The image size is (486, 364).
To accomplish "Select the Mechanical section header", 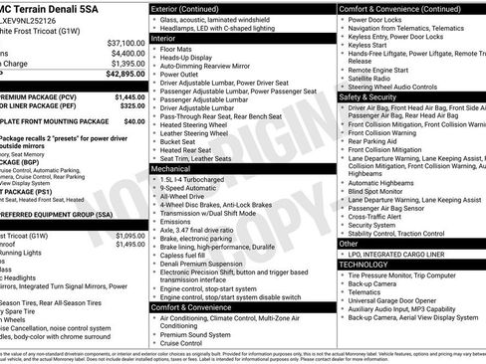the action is coord(176,169).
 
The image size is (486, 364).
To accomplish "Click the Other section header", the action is coord(349,243).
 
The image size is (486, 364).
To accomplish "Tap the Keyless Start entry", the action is coord(367,45).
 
